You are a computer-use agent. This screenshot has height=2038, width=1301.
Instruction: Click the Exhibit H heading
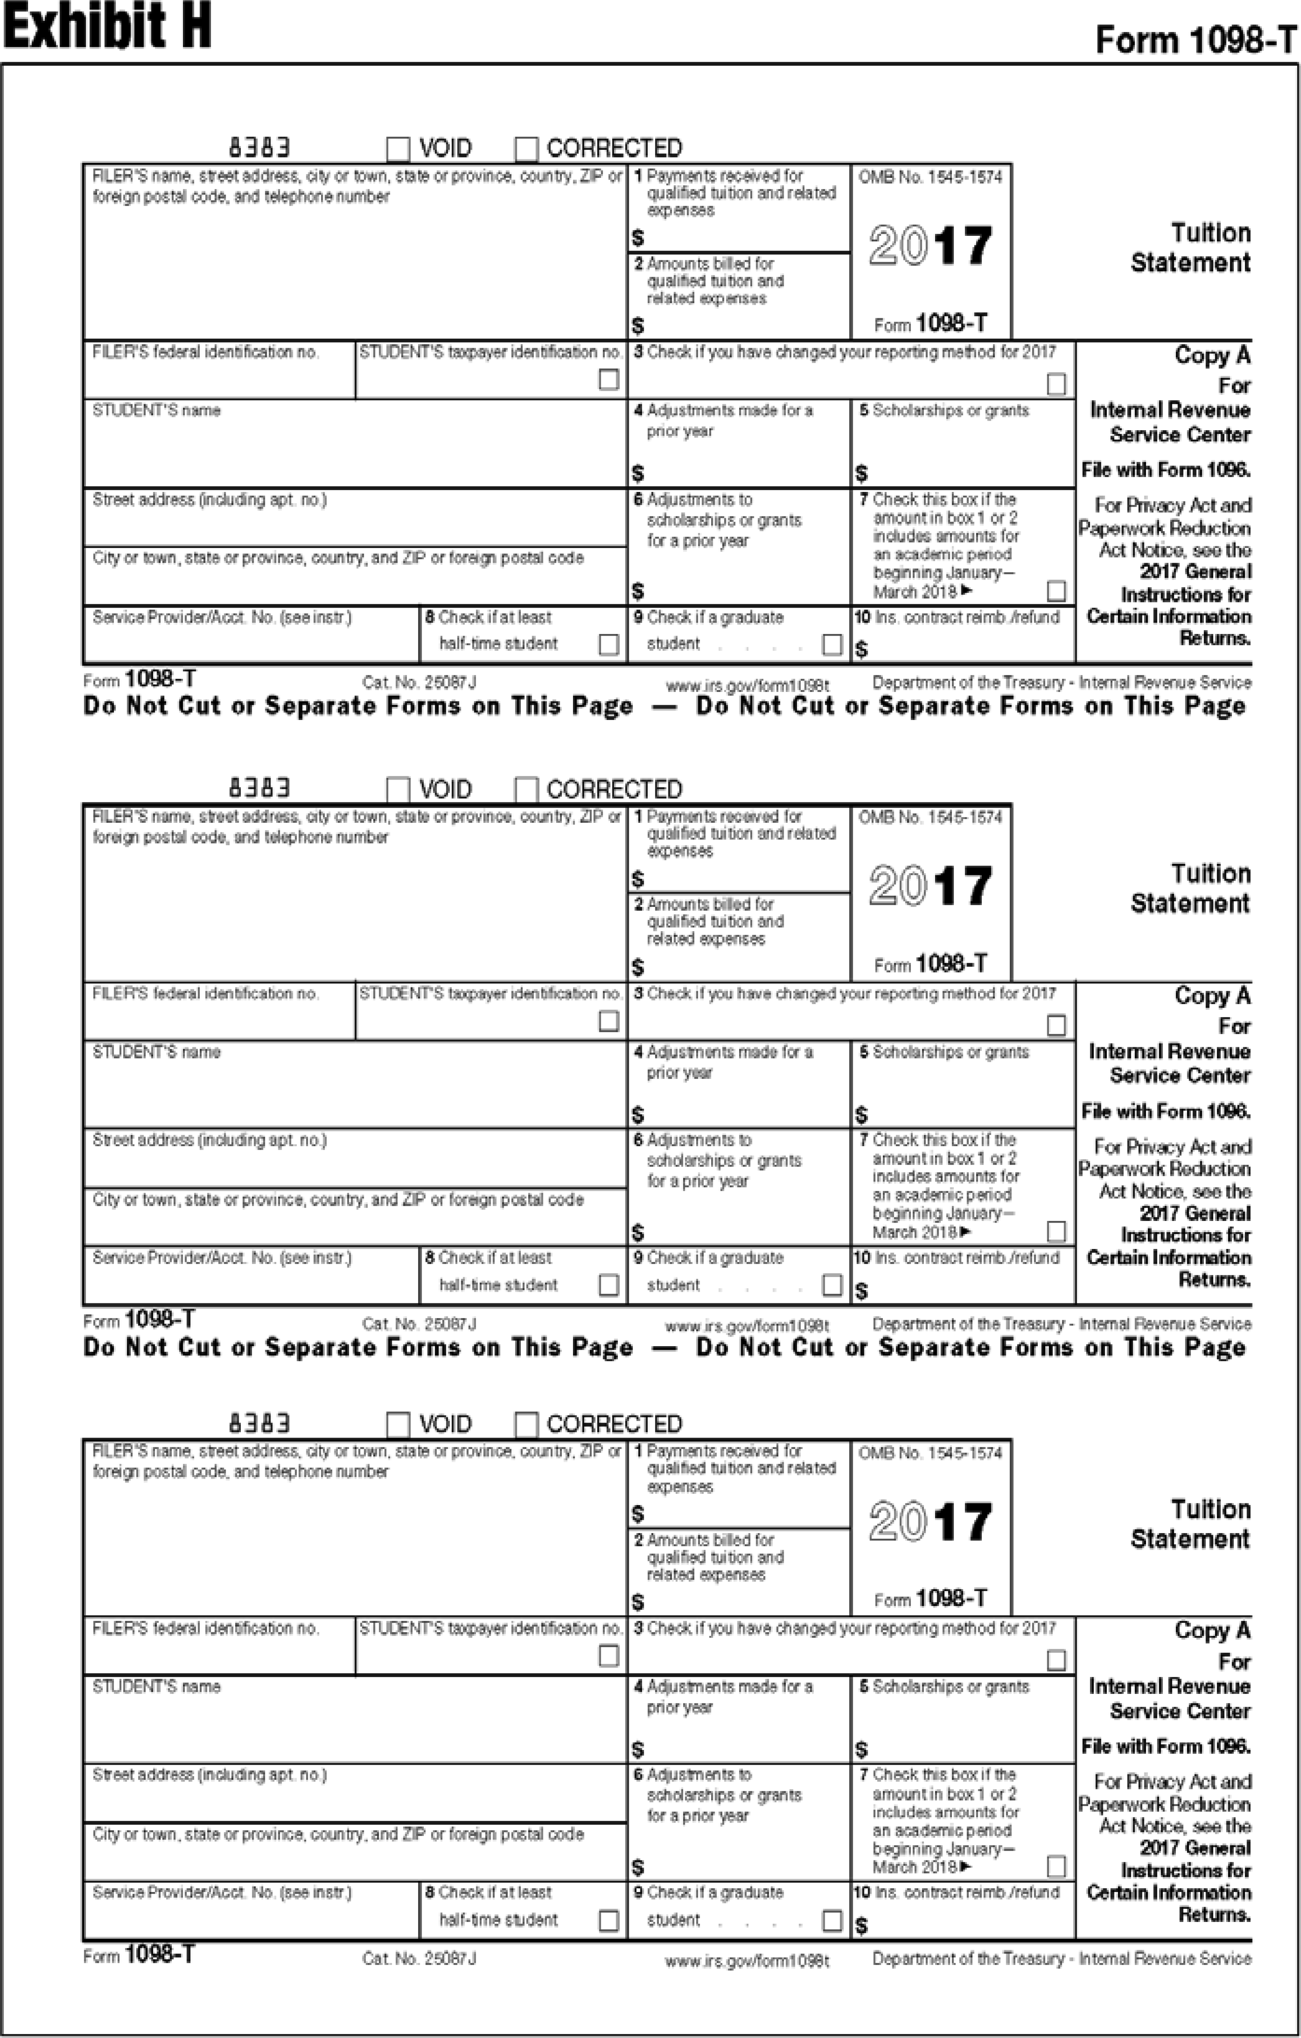(x=107, y=25)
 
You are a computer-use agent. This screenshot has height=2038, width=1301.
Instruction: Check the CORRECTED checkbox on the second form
(x=526, y=789)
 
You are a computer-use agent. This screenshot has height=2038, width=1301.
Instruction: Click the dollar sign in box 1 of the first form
(x=638, y=238)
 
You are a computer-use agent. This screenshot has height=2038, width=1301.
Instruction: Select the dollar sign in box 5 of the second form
(x=861, y=1115)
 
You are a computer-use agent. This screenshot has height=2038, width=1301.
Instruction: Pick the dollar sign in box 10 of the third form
(x=861, y=1925)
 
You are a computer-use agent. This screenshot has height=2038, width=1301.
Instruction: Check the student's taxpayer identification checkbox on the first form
(x=608, y=379)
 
